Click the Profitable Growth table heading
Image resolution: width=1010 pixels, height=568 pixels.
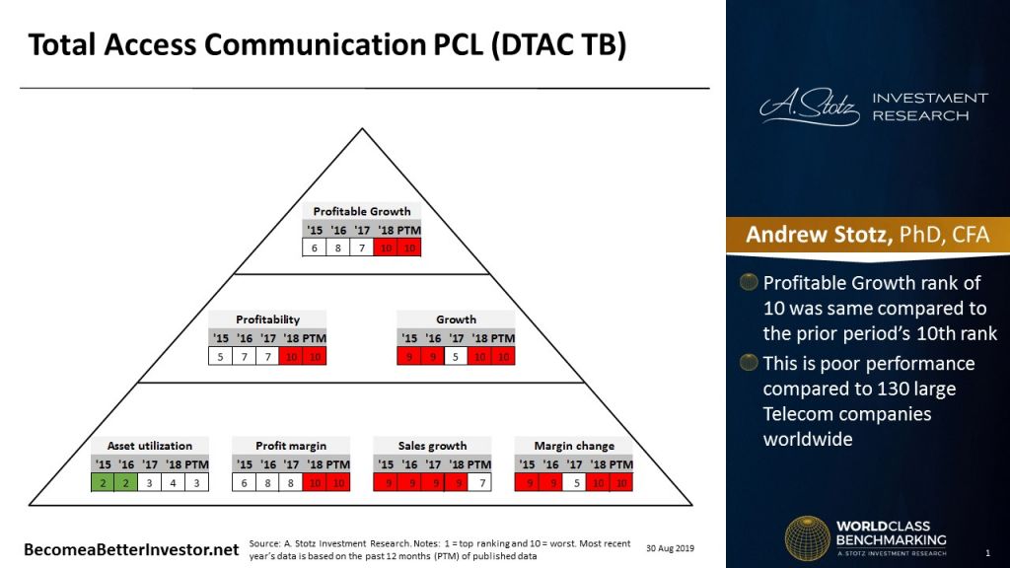[361, 211]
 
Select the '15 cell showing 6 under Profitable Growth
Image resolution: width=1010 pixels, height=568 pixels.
[314, 248]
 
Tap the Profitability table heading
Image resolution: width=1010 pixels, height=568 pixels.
[267, 319]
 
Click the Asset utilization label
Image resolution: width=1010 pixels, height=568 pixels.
[149, 446]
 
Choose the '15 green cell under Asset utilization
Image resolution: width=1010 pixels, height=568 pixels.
[103, 482]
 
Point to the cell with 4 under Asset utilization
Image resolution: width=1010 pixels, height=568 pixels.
[174, 482]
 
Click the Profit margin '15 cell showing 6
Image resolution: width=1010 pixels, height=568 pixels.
[243, 482]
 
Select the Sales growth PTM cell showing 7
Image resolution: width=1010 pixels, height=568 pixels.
[479, 482]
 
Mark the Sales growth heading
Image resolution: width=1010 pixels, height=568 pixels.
[432, 446]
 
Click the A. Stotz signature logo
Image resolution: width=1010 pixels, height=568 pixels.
[806, 106]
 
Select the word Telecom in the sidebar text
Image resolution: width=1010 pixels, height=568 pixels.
[796, 414]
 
